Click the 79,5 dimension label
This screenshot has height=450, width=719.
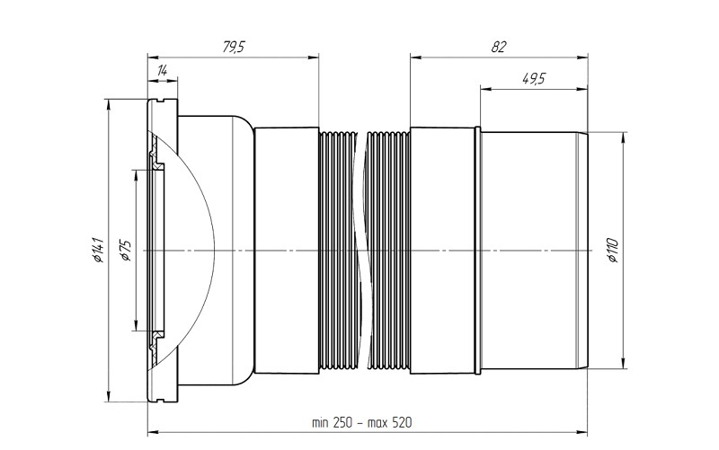pos(234,47)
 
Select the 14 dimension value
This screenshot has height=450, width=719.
pos(163,71)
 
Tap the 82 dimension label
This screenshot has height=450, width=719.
pos(499,47)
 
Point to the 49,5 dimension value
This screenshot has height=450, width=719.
pos(534,79)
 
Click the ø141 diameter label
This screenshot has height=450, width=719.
pos(98,251)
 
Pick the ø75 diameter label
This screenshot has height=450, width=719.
pos(126,251)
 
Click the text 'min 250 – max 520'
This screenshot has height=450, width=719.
pos(362,422)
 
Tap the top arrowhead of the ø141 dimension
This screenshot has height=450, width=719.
pos(108,104)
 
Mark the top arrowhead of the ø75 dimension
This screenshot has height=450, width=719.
pos(136,175)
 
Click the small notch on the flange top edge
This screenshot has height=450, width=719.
pos(162,101)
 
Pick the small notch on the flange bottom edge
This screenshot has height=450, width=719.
pos(162,400)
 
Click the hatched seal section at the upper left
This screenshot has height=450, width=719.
pos(155,151)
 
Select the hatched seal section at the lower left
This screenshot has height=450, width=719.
pos(155,349)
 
